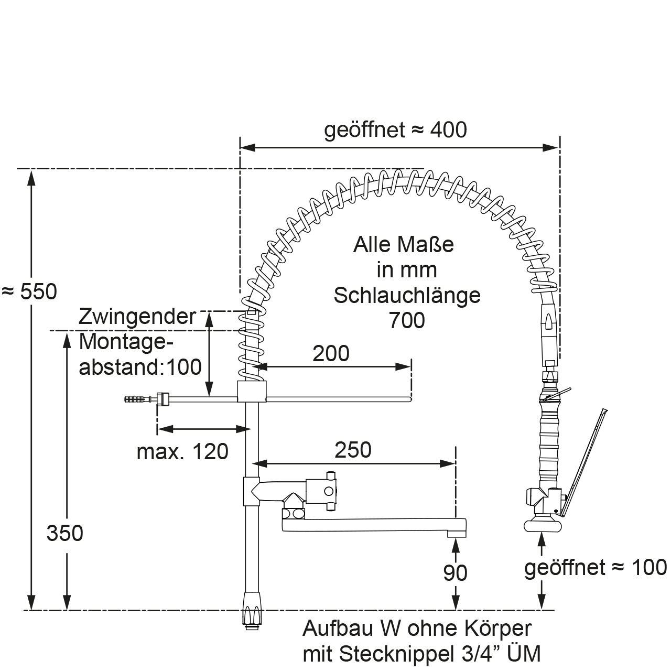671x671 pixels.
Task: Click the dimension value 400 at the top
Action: (448, 129)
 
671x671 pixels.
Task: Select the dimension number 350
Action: (65, 533)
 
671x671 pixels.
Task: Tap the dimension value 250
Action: (353, 450)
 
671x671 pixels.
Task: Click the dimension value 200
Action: (331, 354)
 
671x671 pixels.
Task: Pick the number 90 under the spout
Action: (455, 573)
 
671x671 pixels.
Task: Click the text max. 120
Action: (182, 451)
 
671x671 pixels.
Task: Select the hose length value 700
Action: (407, 320)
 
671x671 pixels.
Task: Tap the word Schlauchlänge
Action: (407, 295)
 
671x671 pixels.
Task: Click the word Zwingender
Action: (137, 317)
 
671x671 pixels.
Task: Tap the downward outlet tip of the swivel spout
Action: (456, 533)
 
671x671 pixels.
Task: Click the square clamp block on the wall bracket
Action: (252, 391)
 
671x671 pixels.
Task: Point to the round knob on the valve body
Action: (329, 491)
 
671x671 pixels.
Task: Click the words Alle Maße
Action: (404, 245)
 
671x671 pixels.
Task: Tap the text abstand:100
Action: (140, 367)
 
